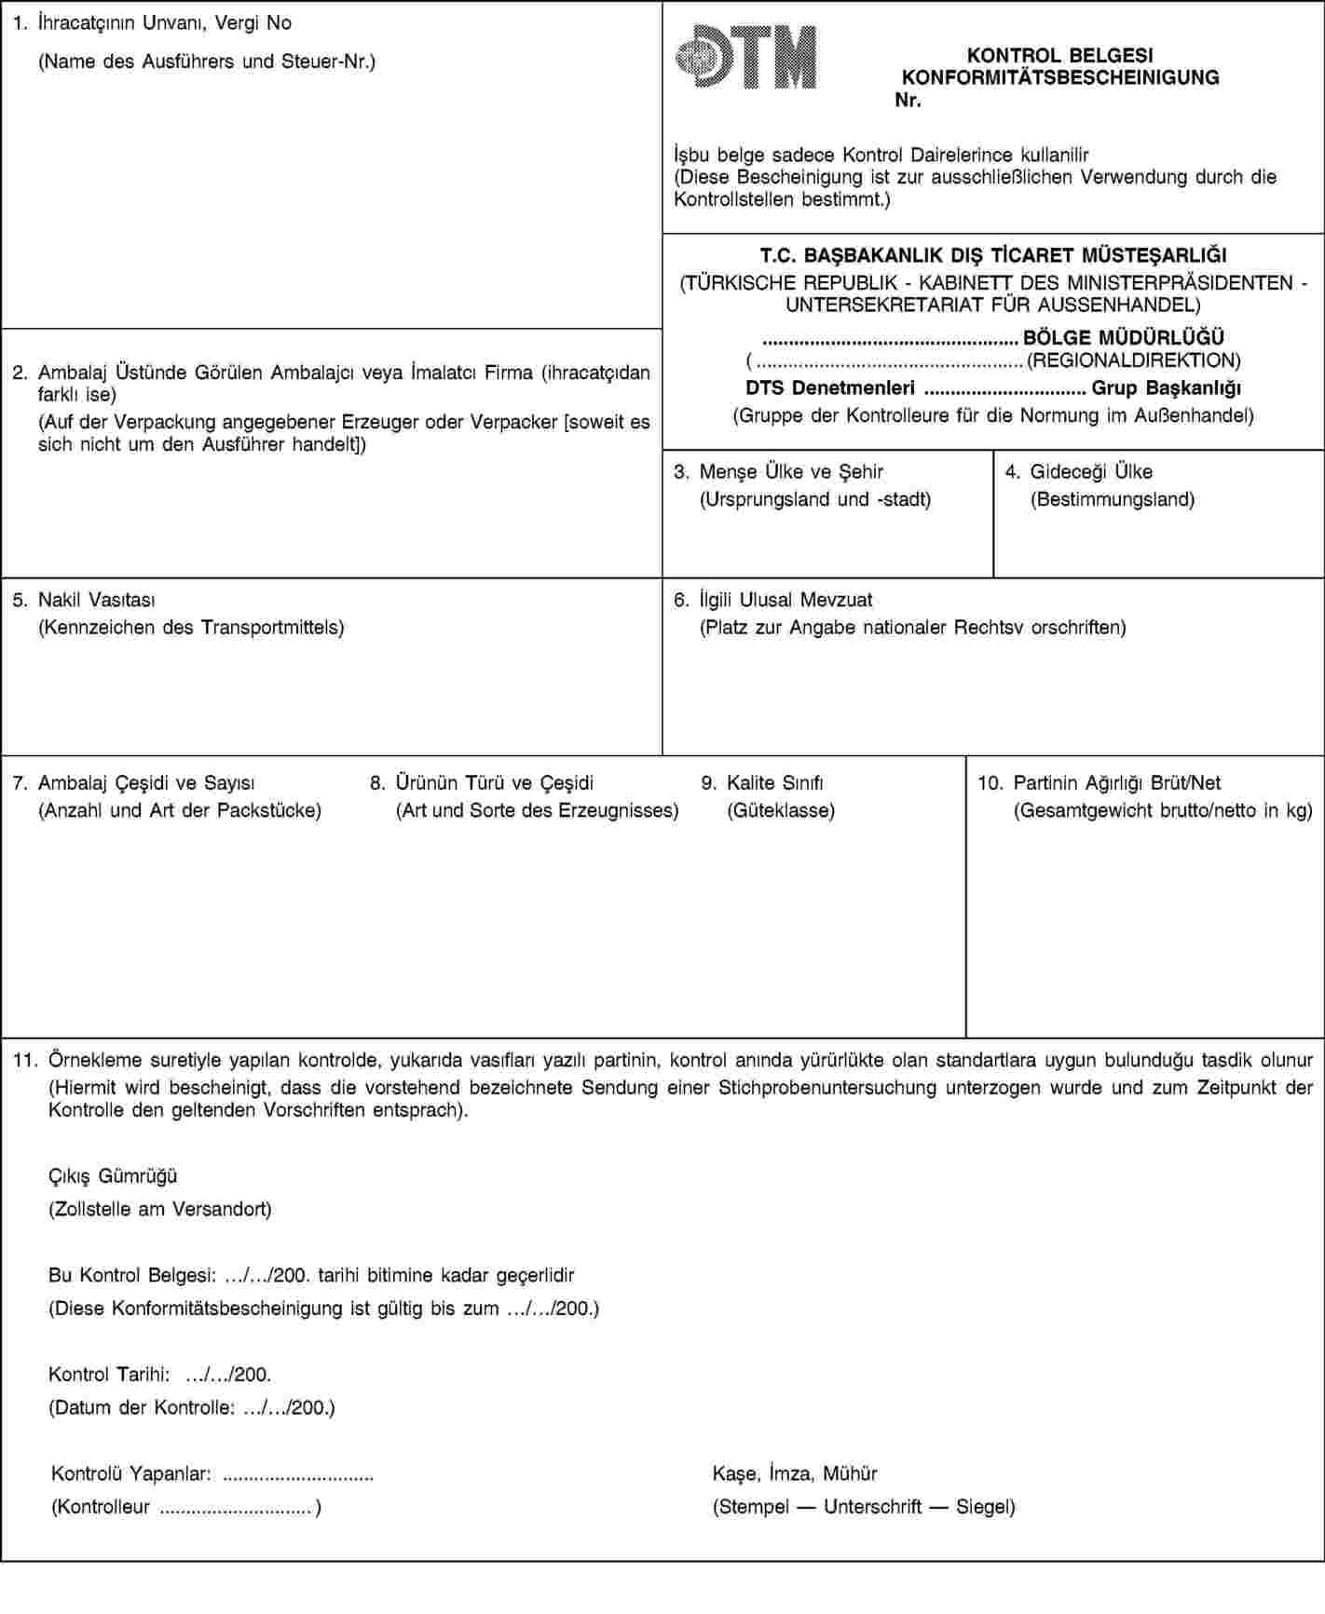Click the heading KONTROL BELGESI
[x=1059, y=56]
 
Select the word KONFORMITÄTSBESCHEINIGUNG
[x=1060, y=78]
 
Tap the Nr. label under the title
[x=908, y=100]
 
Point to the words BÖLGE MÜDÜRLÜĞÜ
[x=1123, y=337]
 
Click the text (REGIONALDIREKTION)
[x=1133, y=359]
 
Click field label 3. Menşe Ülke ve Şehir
[x=779, y=471]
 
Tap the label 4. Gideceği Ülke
[x=1079, y=471]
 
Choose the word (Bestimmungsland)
[x=1112, y=499]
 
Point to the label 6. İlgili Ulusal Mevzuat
[x=773, y=600]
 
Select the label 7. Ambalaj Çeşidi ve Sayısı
[x=134, y=783]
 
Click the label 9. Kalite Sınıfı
[x=762, y=783]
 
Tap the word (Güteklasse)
[x=780, y=810]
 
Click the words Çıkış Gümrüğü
[x=113, y=1176]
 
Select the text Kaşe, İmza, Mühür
[x=795, y=1473]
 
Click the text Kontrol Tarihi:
[x=109, y=1374]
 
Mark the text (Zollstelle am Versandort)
[x=160, y=1210]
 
